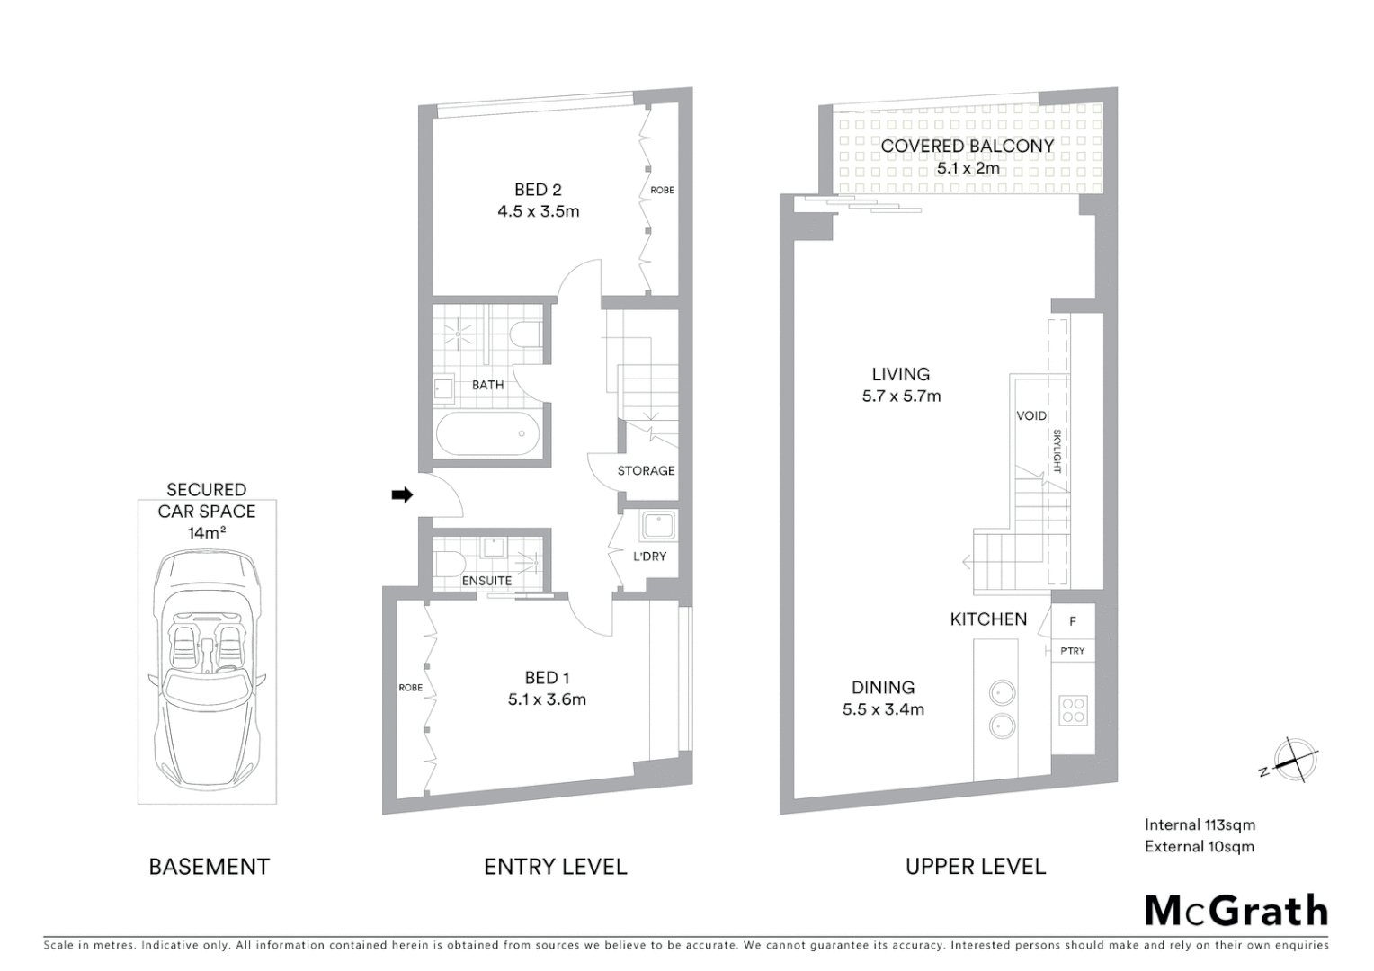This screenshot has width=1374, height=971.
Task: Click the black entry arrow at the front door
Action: point(402,494)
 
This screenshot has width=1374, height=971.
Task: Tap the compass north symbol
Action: point(1293,758)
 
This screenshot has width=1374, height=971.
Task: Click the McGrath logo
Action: point(1236,911)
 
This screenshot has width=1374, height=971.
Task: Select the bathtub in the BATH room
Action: point(489,434)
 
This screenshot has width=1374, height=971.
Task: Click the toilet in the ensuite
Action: point(447,563)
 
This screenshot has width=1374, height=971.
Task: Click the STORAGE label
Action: point(646,470)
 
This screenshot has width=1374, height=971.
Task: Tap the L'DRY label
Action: point(649,557)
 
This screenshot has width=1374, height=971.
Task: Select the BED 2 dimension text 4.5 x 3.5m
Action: point(538,212)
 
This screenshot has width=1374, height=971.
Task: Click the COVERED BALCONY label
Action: point(968,146)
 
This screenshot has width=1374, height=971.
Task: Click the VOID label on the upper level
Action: point(1031,415)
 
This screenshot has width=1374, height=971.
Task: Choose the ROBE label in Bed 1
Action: point(410,688)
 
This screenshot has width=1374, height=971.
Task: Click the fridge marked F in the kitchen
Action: point(1073,620)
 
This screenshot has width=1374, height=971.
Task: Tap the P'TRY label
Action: point(1073,651)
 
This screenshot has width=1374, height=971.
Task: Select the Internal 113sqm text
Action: point(1200,824)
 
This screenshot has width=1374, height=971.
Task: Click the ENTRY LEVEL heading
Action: point(555,867)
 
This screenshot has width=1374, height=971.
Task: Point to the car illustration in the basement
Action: point(207,665)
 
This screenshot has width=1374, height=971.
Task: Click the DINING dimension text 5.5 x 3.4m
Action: point(883,709)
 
